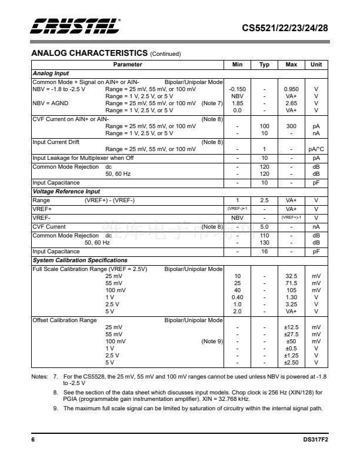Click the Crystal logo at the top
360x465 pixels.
tap(76, 26)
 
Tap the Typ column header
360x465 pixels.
tap(264, 65)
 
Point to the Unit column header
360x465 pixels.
tap(316, 65)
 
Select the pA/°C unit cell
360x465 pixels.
tap(316, 149)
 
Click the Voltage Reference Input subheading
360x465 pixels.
tap(66, 192)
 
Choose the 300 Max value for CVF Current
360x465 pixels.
tap(291, 126)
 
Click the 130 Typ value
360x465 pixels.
tap(264, 243)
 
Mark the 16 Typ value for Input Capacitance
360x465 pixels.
tap(264, 252)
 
